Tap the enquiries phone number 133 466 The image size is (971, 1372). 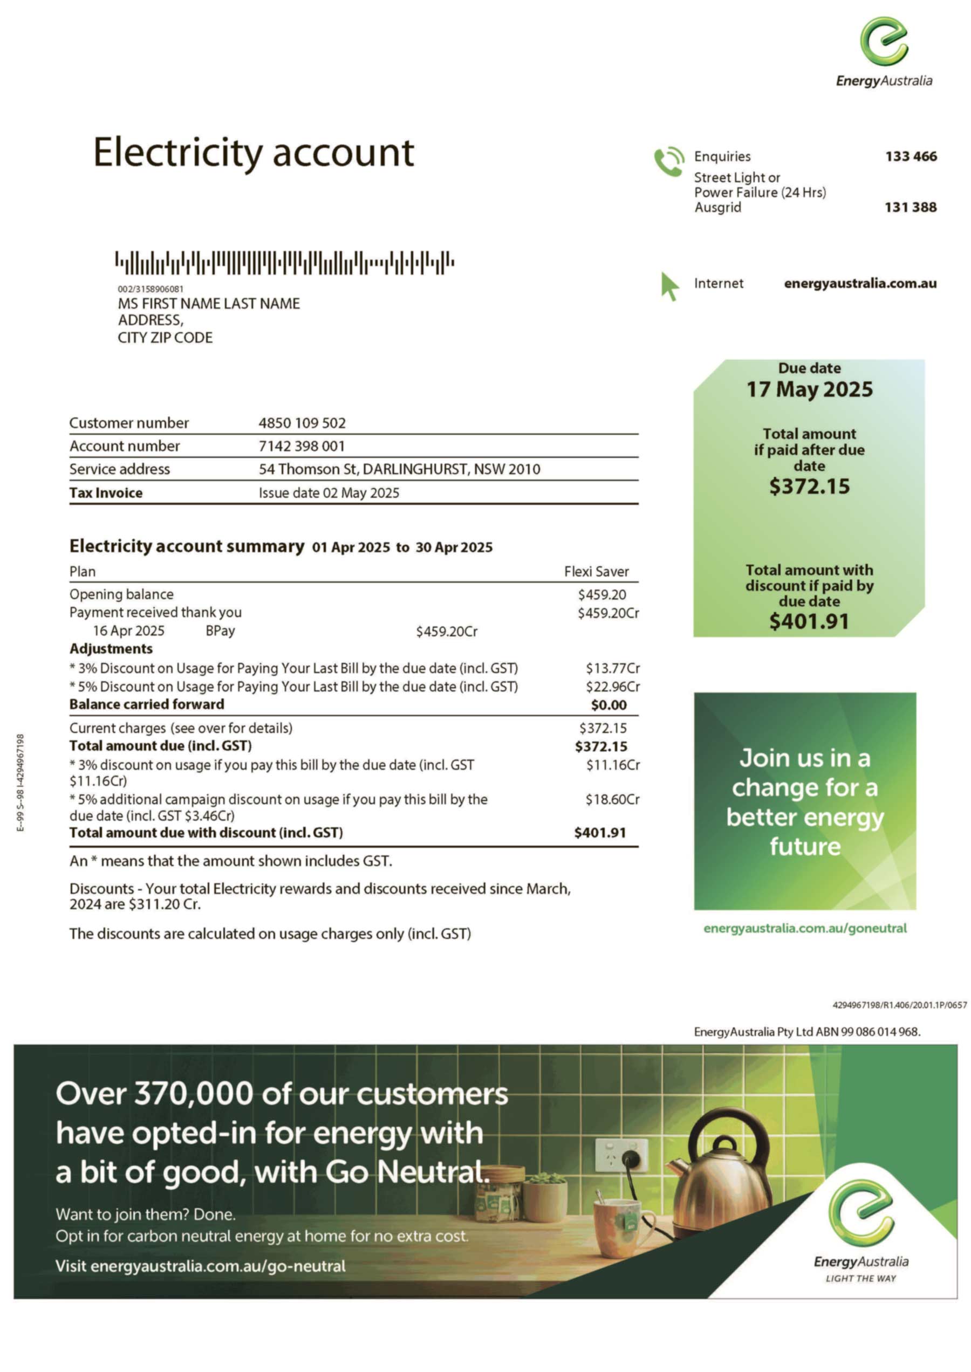pos(911,156)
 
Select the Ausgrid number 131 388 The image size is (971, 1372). pos(910,208)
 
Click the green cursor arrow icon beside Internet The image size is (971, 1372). pos(669,286)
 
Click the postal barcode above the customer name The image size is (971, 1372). pos(285,263)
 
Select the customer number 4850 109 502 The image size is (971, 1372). pos(302,423)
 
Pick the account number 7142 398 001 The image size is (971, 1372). pos(302,446)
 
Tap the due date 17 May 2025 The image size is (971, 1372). pos(809,390)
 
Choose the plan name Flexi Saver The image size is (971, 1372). pos(596,572)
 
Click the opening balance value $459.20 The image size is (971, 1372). pos(601,595)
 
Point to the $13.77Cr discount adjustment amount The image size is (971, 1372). pos(612,668)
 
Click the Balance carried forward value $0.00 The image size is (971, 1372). pos(608,705)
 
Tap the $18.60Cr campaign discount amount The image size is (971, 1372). pos(612,800)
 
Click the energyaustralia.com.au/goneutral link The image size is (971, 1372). pos(805,928)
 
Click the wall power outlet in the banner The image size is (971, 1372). pos(620,1155)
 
